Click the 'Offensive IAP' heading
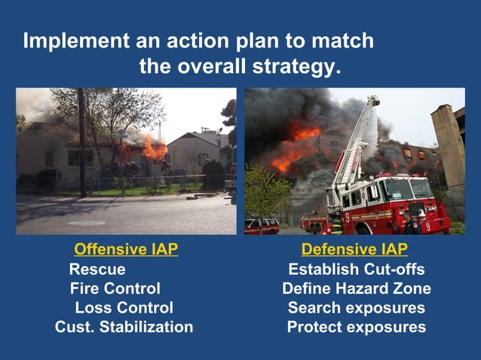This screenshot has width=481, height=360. coord(126,249)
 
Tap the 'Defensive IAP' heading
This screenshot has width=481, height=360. coord(354,249)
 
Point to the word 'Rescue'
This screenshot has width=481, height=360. coord(97,269)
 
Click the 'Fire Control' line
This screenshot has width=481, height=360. coord(115,288)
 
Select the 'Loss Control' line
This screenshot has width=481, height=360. coord(124,308)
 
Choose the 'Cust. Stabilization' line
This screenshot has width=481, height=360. coord(124,328)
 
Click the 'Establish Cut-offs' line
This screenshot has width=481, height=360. coord(356,269)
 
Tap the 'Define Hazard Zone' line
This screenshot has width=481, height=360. coord(356,288)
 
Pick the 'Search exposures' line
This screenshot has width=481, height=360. coord(356,308)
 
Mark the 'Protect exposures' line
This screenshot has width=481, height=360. coord(356,328)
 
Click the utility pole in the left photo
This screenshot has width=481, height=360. coord(81,143)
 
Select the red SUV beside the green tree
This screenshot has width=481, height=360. coord(262,226)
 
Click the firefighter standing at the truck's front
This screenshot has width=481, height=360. coord(410,224)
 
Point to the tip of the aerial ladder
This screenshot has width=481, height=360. coord(373,99)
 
